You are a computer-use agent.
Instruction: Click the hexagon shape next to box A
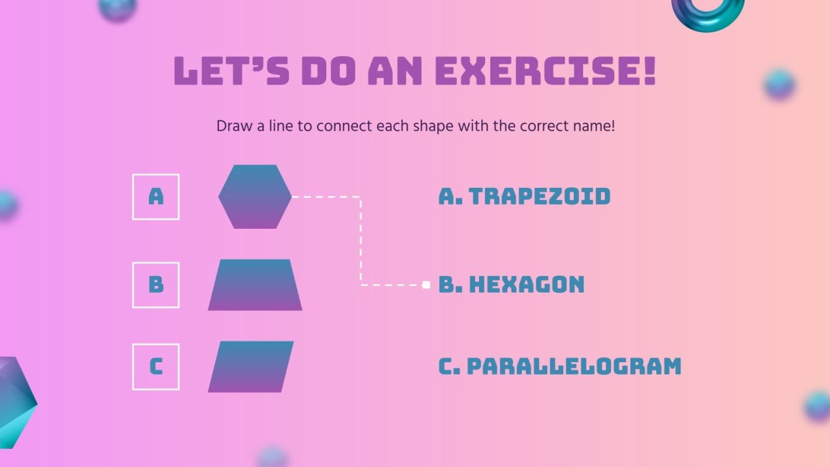[x=255, y=197]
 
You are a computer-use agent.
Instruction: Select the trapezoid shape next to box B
[x=255, y=285]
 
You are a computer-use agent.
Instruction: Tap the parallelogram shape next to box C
[x=251, y=367]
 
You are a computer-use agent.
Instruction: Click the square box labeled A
[x=156, y=197]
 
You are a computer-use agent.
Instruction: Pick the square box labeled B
[x=156, y=285]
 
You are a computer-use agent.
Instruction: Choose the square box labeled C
[x=156, y=367]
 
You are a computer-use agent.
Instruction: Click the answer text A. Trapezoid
[x=524, y=197]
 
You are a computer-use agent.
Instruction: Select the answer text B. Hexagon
[x=511, y=285]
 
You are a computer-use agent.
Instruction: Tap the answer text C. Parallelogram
[x=560, y=367]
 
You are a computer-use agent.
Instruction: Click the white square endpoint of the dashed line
[x=426, y=285]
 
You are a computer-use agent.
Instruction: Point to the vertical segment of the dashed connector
[x=360, y=242]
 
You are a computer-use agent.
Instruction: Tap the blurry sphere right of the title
[x=780, y=85]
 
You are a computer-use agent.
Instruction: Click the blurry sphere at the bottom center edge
[x=272, y=457]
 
